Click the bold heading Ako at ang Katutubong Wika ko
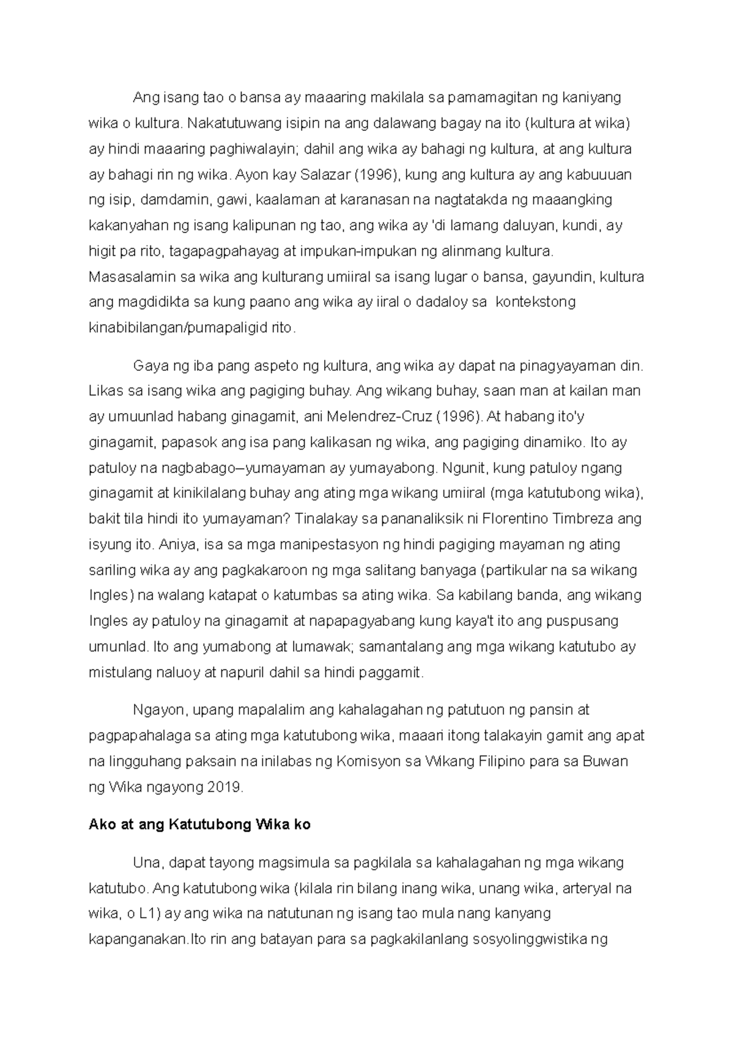[x=199, y=825]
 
